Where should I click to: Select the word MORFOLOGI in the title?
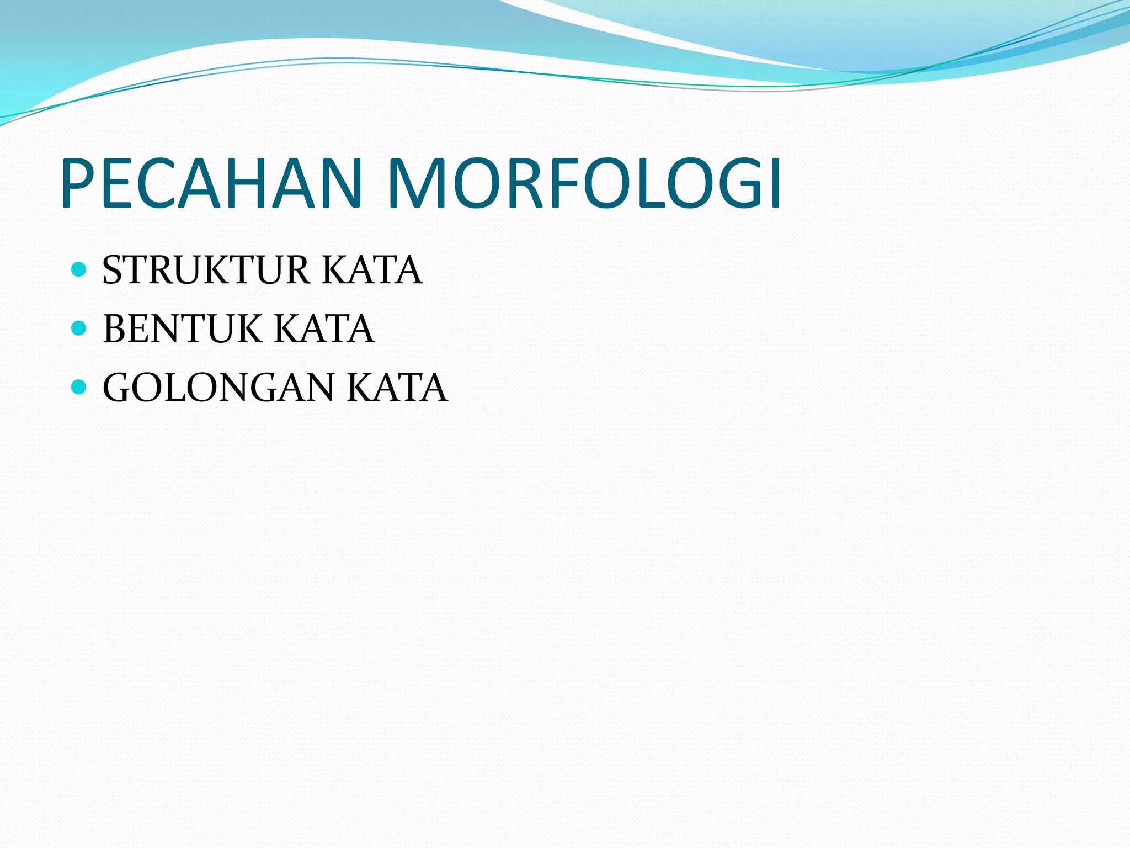584,183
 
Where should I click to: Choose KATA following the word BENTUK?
324,329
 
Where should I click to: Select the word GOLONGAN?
218,388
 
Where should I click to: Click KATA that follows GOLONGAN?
397,388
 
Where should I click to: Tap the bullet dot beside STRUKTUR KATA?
79,269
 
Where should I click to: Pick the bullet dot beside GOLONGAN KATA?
79,387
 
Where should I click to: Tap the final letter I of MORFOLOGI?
775,183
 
